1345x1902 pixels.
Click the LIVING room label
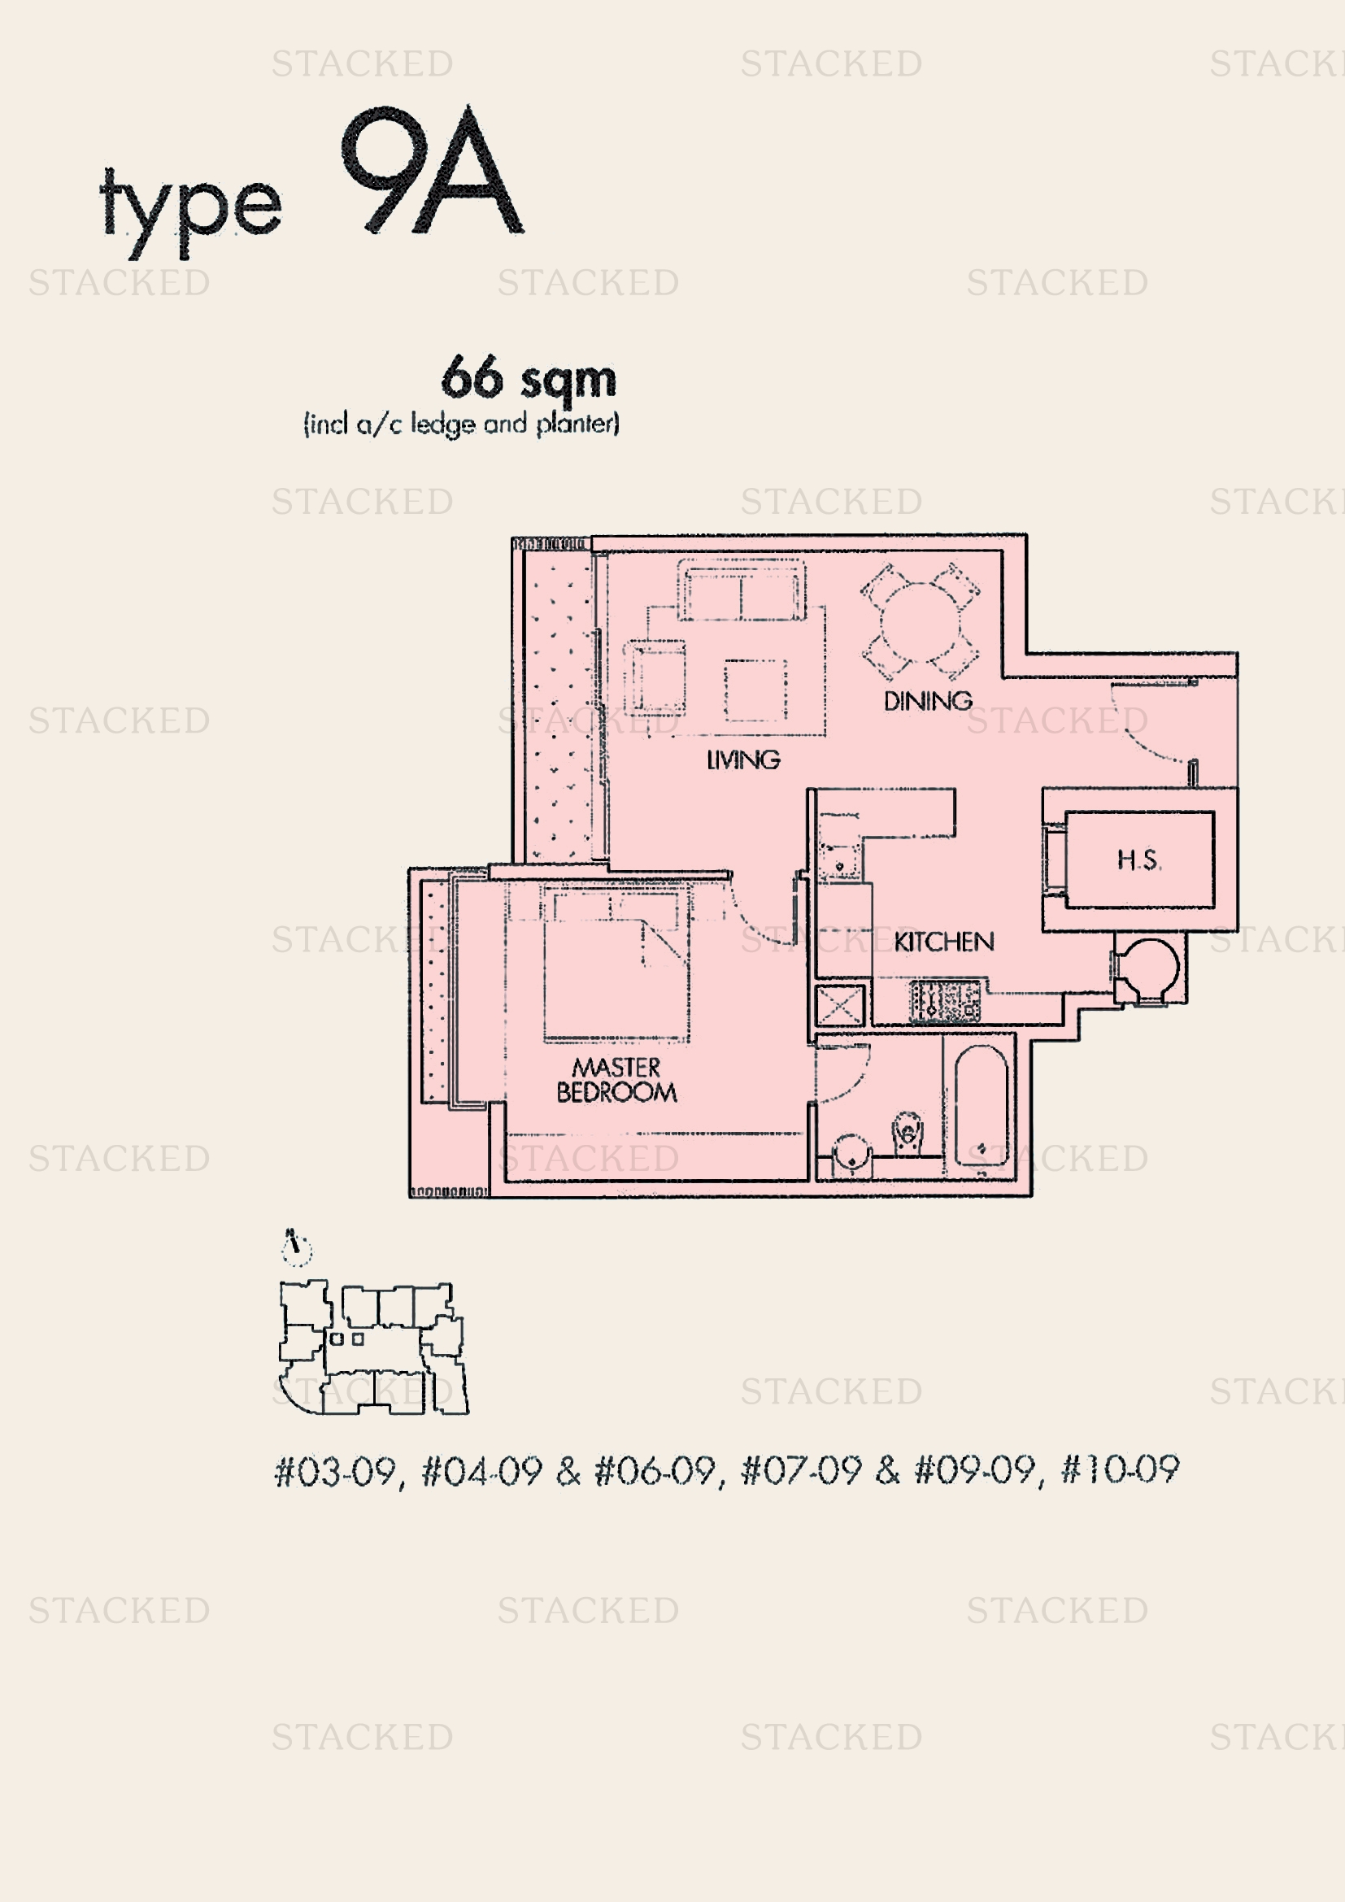(743, 759)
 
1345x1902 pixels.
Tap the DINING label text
(928, 701)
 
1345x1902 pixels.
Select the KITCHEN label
(943, 941)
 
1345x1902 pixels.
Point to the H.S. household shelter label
(1138, 860)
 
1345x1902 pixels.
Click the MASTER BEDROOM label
(616, 1080)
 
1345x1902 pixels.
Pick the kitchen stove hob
(945, 1001)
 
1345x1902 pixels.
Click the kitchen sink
(839, 861)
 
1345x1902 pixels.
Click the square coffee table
(755, 690)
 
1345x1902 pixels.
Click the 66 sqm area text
(529, 379)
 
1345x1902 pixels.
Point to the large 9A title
(431, 172)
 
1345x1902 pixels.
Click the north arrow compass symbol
(296, 1247)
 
